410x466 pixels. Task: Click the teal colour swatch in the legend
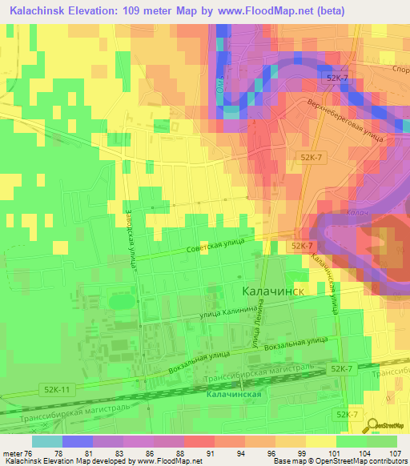46,441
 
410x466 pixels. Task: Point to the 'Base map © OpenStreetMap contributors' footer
339,461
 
